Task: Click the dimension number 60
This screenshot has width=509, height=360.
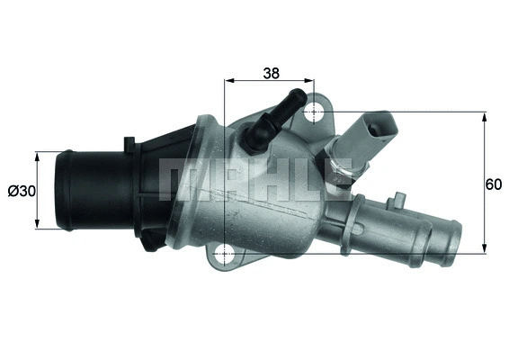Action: click(493, 184)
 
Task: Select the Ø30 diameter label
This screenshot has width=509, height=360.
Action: click(20, 191)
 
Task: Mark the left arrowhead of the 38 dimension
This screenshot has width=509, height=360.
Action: click(227, 79)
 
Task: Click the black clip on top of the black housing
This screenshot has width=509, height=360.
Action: click(129, 142)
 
